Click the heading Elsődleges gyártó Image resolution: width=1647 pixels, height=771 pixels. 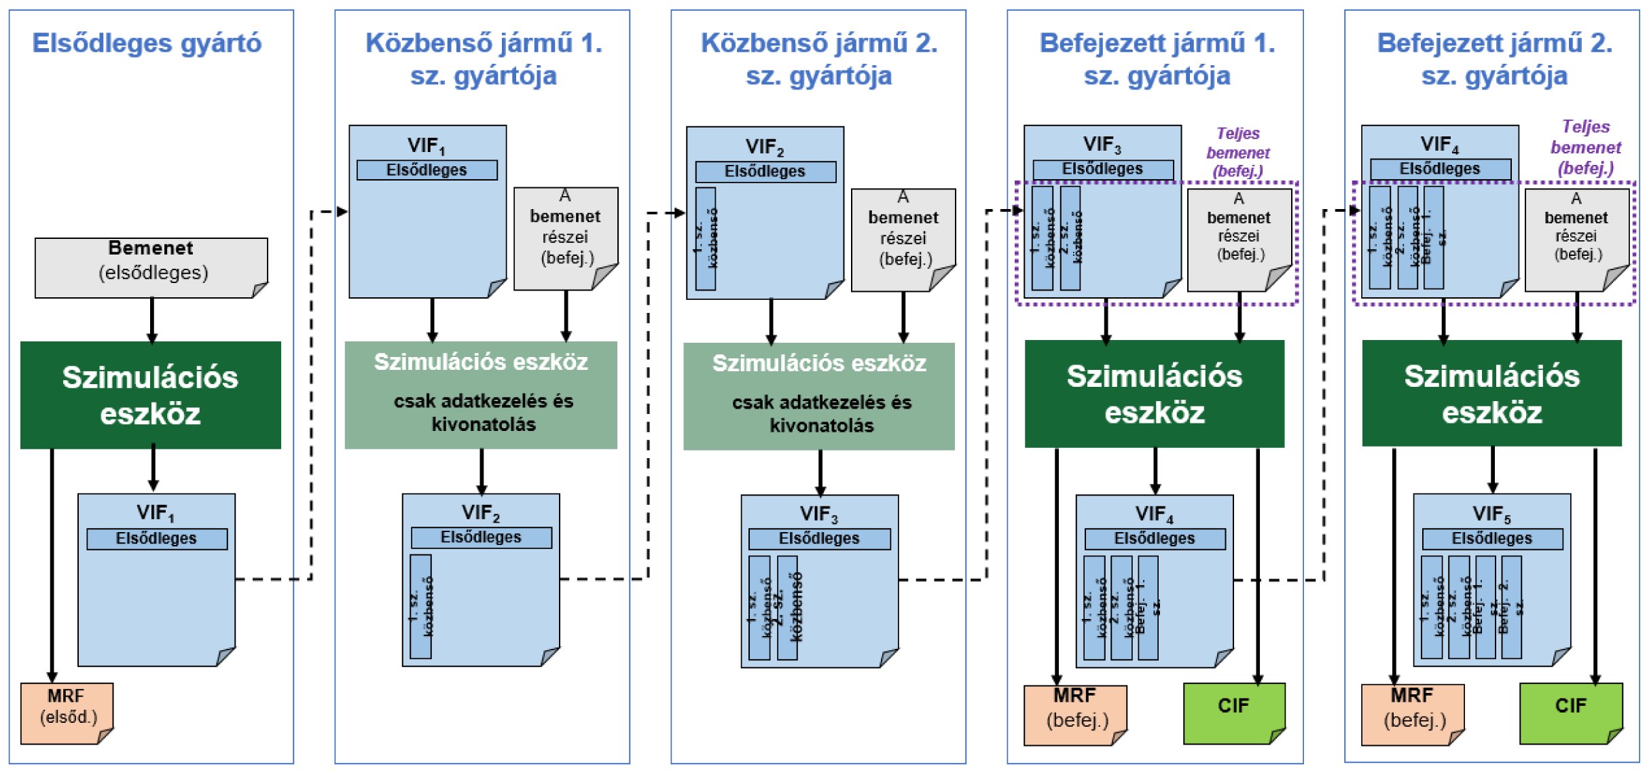147,43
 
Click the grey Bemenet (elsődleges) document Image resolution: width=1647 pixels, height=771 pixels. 151,267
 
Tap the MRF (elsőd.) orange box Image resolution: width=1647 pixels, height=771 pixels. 67,712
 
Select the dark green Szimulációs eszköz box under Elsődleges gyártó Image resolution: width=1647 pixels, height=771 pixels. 150,395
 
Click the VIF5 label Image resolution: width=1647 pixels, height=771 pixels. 1491,514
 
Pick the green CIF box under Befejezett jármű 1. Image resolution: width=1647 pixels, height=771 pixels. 1233,712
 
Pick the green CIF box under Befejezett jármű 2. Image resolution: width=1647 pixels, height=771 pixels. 1570,712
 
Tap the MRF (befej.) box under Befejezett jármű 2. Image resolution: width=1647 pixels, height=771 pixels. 1412,713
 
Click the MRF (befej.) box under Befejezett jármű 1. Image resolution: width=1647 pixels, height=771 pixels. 1075,713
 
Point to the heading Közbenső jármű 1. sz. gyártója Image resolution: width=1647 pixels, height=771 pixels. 484,60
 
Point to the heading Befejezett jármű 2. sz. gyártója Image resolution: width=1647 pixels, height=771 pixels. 1494,60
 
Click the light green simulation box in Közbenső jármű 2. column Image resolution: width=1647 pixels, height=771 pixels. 818,396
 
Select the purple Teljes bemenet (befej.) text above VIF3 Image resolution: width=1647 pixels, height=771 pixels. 1237,153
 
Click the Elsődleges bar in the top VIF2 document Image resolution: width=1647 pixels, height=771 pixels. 765,172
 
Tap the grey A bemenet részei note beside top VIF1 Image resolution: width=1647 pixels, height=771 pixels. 565,238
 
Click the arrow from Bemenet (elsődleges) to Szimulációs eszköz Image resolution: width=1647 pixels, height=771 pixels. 152,320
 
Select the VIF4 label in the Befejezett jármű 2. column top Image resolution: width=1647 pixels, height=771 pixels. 1439,145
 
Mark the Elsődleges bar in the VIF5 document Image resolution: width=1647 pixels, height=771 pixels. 1491,539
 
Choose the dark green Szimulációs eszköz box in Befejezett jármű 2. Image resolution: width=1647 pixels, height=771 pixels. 1491,394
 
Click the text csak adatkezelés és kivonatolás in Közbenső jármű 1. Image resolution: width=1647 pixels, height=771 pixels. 484,413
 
